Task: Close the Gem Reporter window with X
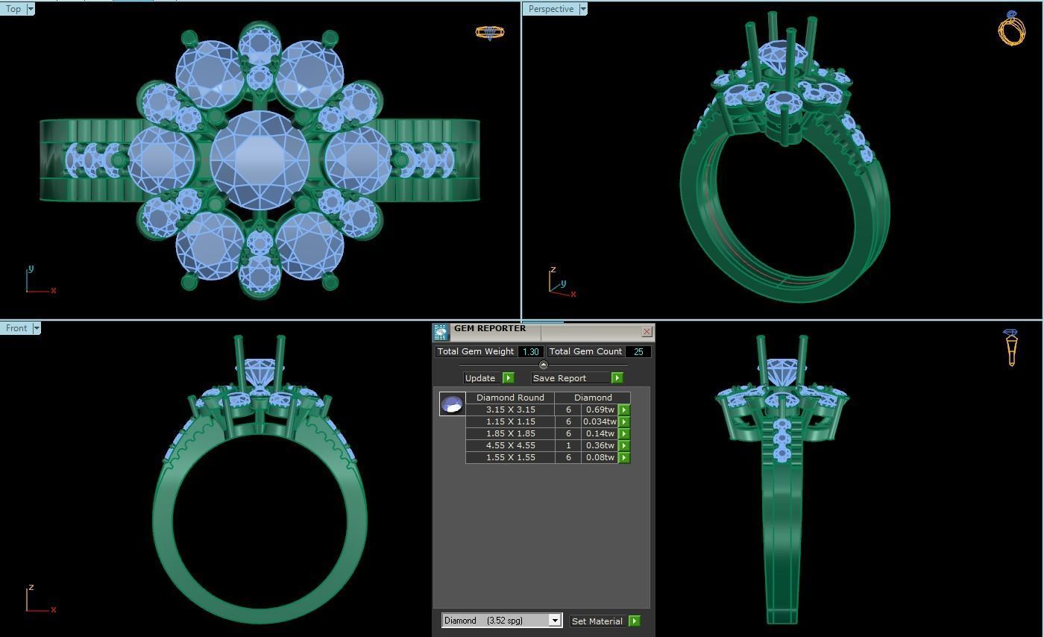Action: [x=647, y=331]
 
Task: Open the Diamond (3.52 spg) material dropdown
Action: [x=554, y=621]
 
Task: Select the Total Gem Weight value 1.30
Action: [x=530, y=351]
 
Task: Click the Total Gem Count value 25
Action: [x=638, y=351]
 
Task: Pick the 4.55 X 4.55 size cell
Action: [x=510, y=445]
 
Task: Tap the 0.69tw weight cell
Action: [x=600, y=409]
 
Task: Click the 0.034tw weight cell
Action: [x=600, y=421]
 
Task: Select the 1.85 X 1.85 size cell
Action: [x=510, y=433]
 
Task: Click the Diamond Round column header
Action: [x=510, y=398]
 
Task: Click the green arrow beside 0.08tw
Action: [x=624, y=457]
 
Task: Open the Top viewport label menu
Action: [x=31, y=9]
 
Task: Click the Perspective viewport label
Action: [x=550, y=9]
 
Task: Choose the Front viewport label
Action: [x=16, y=328]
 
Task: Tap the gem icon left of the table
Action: [x=452, y=404]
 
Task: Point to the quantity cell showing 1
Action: [x=568, y=445]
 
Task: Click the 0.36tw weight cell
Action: [x=600, y=445]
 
